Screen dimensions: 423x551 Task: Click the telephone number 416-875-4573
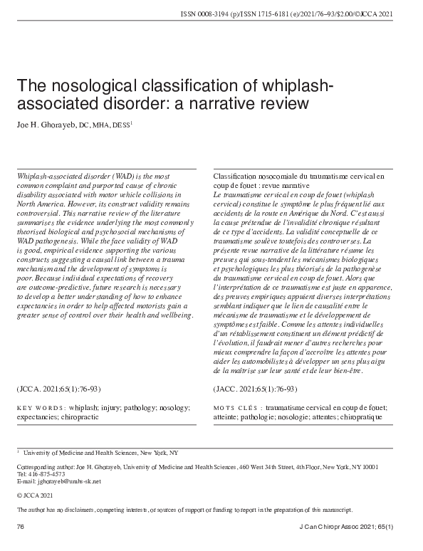[43, 473]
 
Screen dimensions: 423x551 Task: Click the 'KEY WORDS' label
[40, 408]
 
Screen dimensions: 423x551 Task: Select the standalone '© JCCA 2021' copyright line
[33, 494]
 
